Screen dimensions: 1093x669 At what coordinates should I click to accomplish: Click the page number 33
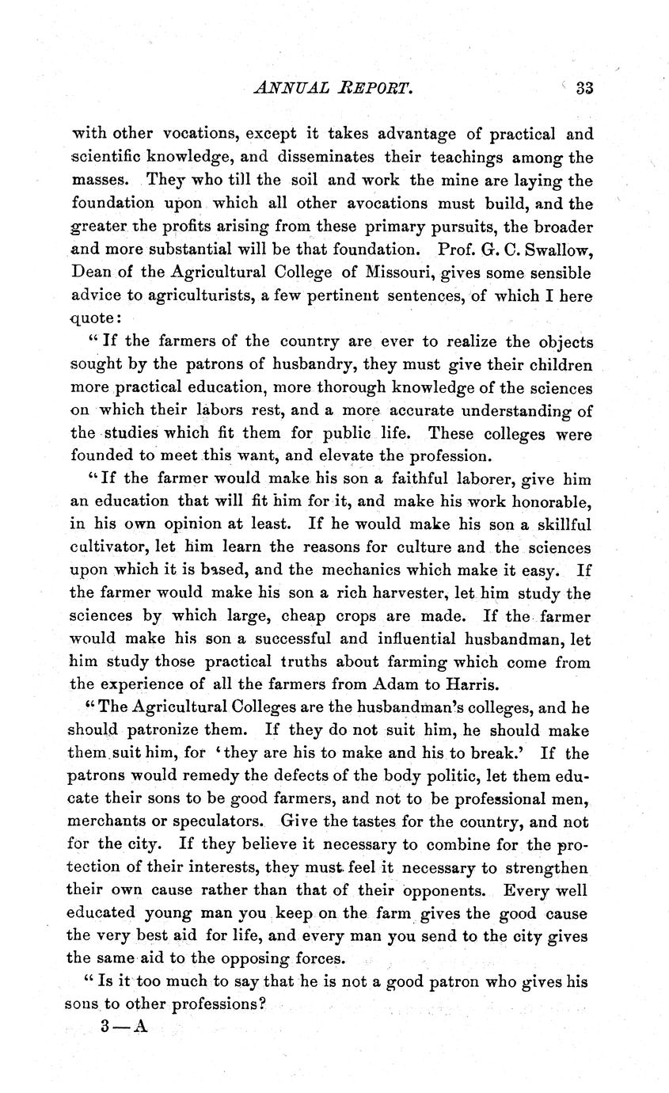coord(584,89)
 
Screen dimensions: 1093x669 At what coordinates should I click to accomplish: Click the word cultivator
coord(106,547)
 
